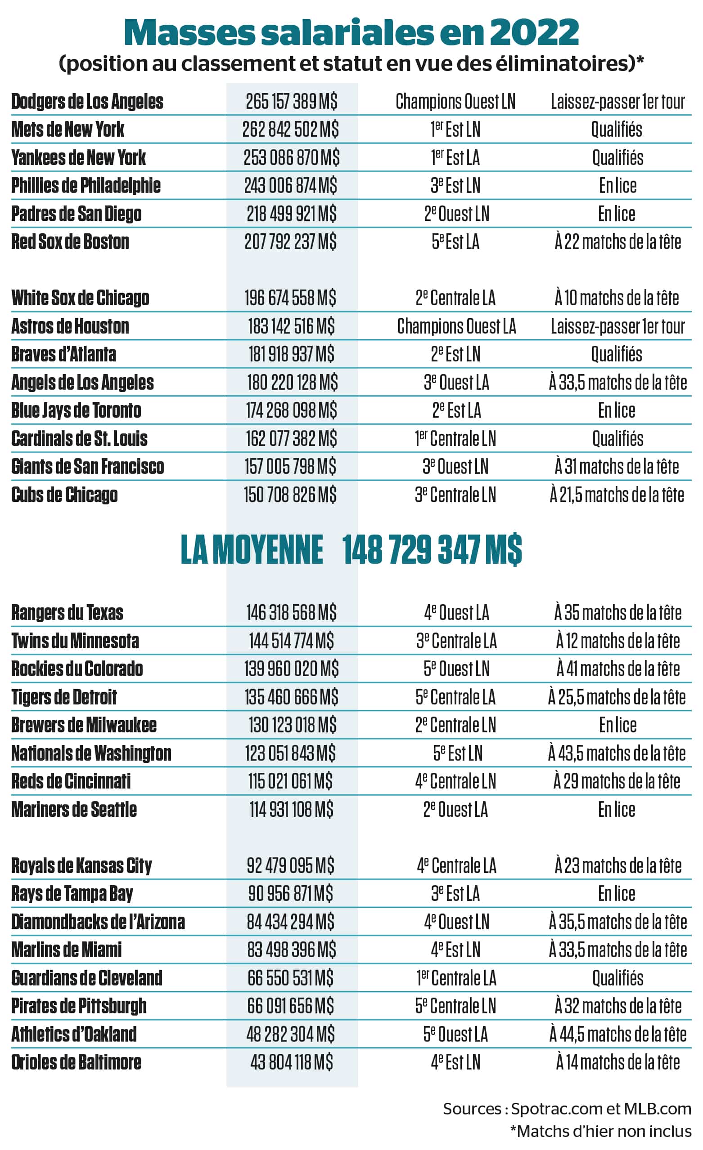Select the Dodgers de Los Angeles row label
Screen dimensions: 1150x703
tap(87, 101)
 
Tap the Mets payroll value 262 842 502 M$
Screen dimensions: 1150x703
tap(291, 129)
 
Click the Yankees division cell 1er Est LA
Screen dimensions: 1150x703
tap(455, 157)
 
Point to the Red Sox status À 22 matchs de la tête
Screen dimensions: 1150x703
tap(617, 242)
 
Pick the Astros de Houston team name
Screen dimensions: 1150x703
tap(70, 326)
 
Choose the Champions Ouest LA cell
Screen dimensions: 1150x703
tap(456, 326)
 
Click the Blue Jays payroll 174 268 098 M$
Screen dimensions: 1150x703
tap(292, 410)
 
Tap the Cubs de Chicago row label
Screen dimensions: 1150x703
tap(64, 495)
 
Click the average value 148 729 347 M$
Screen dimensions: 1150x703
tap(432, 549)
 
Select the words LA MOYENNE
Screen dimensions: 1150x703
tap(252, 549)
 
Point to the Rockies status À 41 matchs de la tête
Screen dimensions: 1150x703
tap(617, 669)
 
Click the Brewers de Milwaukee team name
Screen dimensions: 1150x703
tap(84, 725)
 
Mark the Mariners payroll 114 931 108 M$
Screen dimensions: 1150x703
tap(292, 809)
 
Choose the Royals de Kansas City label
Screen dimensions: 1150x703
tap(82, 866)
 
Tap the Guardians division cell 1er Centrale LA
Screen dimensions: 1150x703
tap(456, 978)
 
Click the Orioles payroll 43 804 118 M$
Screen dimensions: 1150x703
tap(292, 1062)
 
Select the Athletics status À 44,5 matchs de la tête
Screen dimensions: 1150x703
tap(617, 1034)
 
